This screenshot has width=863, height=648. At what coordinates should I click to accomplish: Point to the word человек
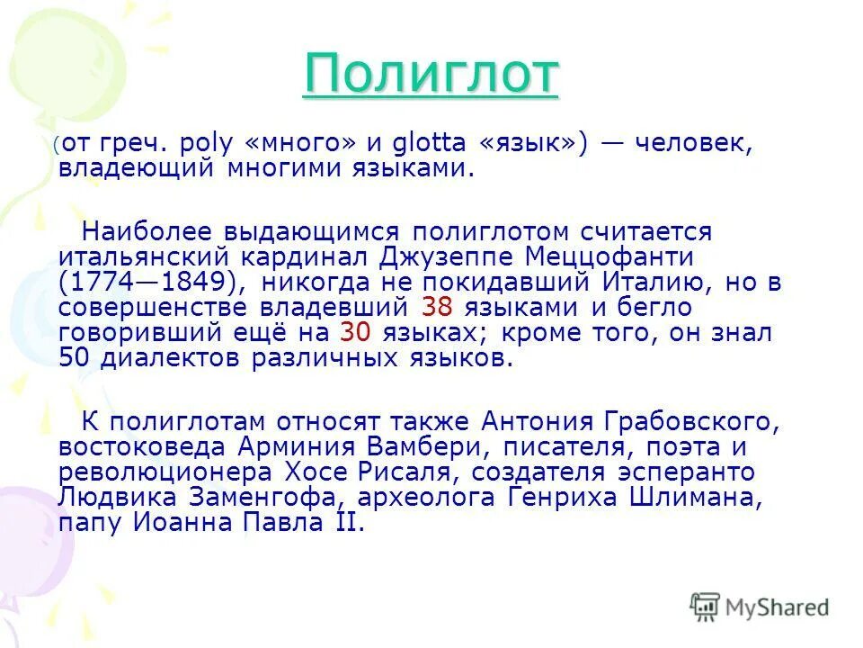point(696,143)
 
